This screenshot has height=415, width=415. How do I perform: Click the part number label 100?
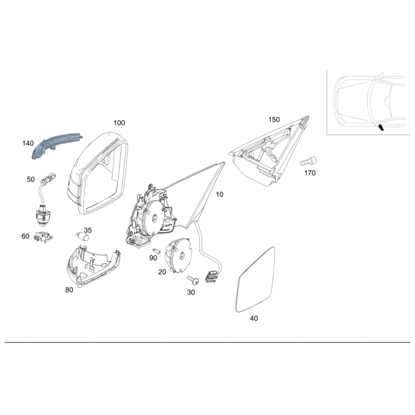click(119, 123)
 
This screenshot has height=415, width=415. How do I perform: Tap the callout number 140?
click(27, 143)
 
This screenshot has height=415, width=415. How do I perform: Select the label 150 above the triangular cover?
click(274, 120)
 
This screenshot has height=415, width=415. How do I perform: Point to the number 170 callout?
click(309, 173)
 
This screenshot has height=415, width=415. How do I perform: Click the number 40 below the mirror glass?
click(254, 319)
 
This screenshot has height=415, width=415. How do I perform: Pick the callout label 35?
click(88, 230)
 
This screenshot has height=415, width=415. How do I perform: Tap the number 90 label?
click(153, 258)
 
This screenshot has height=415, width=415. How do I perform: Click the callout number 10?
click(219, 195)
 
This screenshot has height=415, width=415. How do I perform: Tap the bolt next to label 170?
click(309, 161)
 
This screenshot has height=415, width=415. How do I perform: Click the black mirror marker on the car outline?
click(381, 128)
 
